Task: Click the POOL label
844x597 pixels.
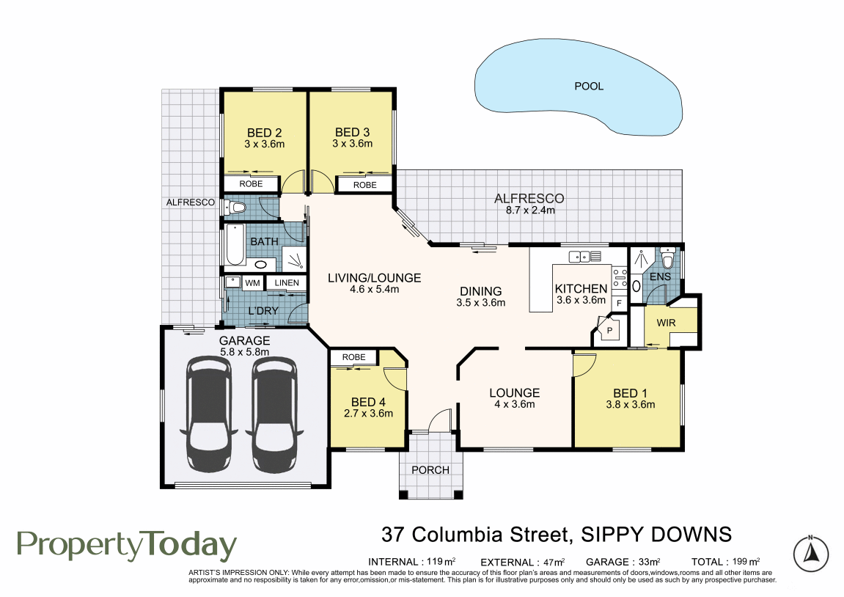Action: [x=589, y=86]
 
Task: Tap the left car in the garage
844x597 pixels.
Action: [x=209, y=415]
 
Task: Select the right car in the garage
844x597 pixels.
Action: [x=274, y=415]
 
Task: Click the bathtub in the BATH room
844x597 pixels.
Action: [x=235, y=245]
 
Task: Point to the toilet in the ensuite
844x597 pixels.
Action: [x=668, y=258]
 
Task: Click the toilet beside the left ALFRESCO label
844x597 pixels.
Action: [x=235, y=207]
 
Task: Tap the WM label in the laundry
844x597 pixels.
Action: [x=252, y=282]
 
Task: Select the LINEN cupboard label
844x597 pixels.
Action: [x=287, y=282]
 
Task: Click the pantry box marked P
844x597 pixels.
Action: [x=609, y=329]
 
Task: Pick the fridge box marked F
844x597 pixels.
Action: [x=619, y=303]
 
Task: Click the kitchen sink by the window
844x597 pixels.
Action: [x=580, y=256]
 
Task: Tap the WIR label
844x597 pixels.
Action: [x=666, y=323]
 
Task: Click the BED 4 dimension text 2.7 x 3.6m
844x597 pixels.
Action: [x=368, y=414]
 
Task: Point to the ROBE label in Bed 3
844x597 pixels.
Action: [x=365, y=185]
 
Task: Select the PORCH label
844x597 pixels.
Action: [x=430, y=470]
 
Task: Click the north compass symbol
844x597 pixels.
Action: [x=810, y=553]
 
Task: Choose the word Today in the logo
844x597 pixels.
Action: [x=191, y=546]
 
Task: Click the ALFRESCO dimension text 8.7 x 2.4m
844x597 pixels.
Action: [x=530, y=210]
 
